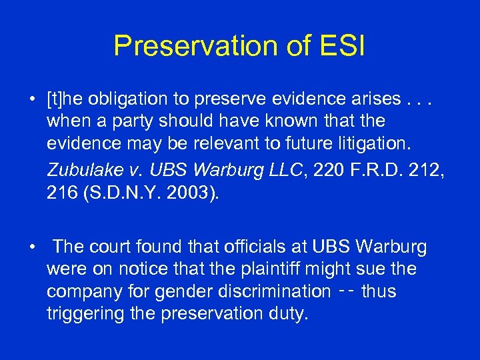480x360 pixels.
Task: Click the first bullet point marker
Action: [32, 101]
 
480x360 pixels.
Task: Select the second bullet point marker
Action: [32, 247]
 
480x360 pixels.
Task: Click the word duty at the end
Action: [291, 313]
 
